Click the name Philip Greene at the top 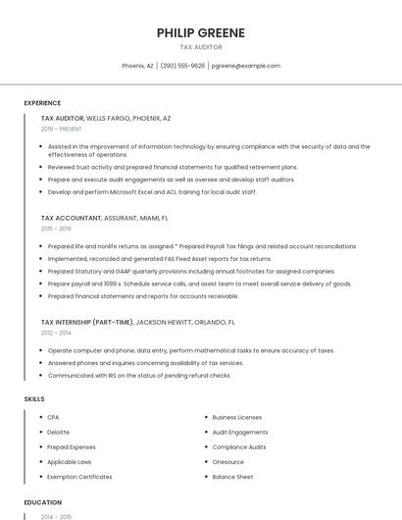tap(201, 33)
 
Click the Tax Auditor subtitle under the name tap(201, 47)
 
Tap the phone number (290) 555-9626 tap(182, 66)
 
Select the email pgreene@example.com tap(245, 66)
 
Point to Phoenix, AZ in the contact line tap(137, 66)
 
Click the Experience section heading tap(42, 103)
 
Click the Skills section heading tap(34, 399)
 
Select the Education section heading tap(42, 502)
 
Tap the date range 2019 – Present tap(61, 129)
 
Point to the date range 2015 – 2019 tap(56, 228)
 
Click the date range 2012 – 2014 tap(56, 333)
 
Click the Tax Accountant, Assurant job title tap(104, 218)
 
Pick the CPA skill tap(53, 418)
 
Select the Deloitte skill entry tap(59, 433)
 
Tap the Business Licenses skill tap(236, 418)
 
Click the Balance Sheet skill tap(232, 477)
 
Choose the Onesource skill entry tap(228, 462)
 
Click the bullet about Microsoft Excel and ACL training tap(152, 192)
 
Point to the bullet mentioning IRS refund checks tap(139, 375)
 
